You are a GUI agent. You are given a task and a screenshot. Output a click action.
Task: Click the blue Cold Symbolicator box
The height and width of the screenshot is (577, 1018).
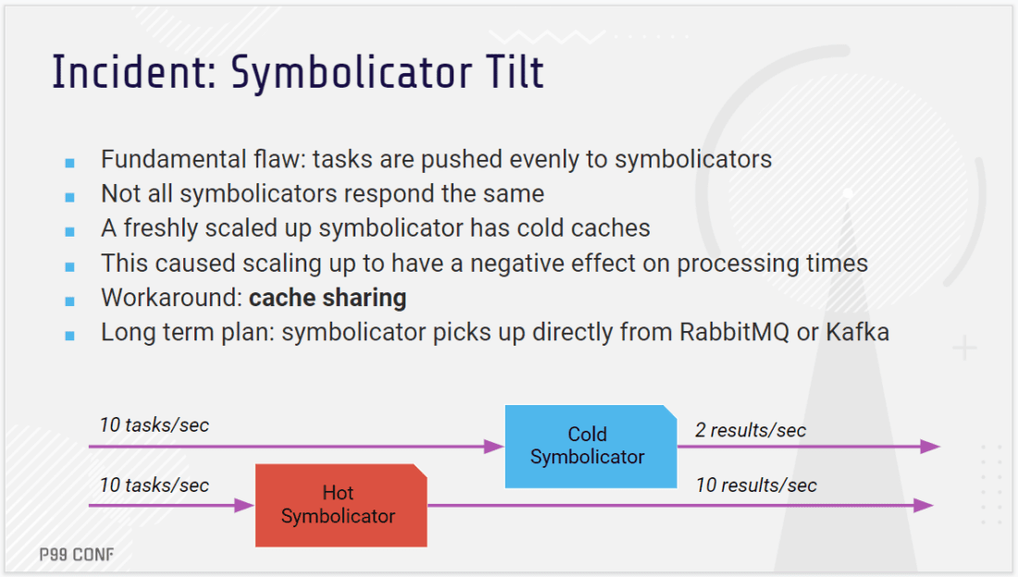[x=590, y=447]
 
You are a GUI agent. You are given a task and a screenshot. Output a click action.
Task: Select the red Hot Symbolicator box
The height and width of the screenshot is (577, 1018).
[x=341, y=506]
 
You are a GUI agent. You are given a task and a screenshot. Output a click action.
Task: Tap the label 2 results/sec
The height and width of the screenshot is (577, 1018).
[x=751, y=430]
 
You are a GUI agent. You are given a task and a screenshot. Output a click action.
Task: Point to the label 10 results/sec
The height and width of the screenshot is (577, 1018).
[x=756, y=485]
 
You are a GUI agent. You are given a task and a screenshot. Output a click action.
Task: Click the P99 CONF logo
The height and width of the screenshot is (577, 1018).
[x=77, y=555]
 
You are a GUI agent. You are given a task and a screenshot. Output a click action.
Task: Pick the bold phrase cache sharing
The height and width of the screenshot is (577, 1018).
[x=328, y=298]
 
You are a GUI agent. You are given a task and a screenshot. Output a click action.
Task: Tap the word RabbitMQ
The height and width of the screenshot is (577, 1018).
[x=734, y=332]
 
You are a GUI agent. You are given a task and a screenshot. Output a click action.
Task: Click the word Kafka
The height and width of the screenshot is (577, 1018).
[x=858, y=332]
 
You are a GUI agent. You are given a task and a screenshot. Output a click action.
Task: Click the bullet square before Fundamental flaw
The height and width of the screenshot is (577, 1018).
[x=70, y=163]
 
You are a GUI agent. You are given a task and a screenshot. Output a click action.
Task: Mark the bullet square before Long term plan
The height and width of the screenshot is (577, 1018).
[x=70, y=336]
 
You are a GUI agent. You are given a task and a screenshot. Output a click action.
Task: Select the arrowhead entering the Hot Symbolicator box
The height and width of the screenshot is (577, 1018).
[x=244, y=506]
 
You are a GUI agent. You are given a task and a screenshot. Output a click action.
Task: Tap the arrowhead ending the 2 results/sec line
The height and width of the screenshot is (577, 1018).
[x=930, y=447]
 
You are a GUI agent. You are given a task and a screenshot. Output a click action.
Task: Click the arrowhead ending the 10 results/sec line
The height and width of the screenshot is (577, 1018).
[x=924, y=506]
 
